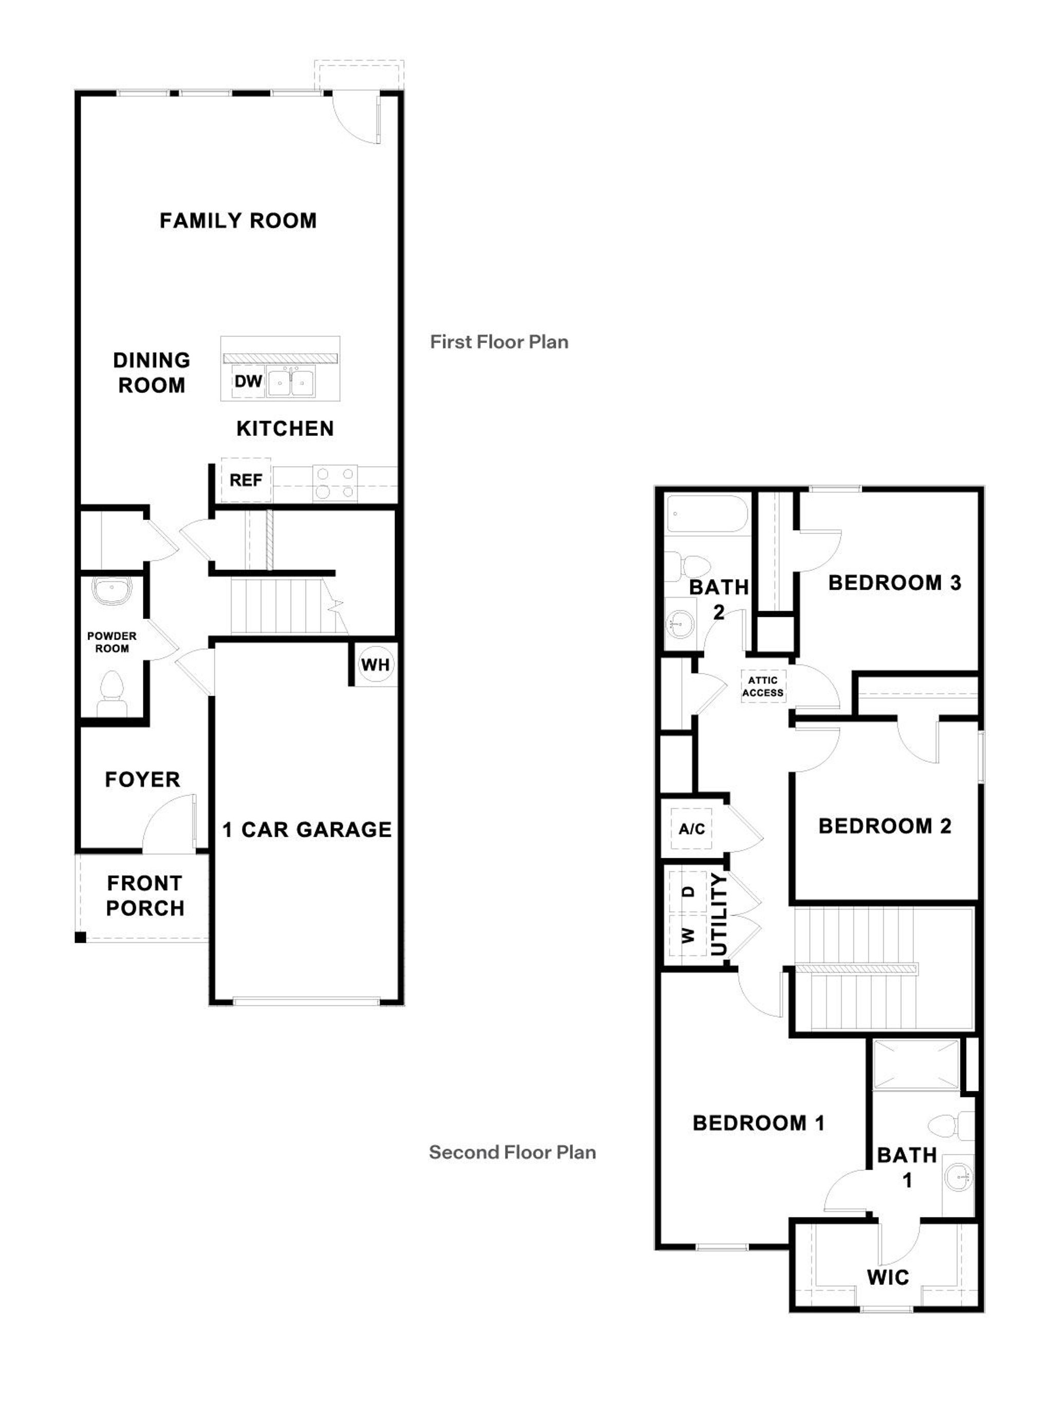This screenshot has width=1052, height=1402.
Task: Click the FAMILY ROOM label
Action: pos(238,221)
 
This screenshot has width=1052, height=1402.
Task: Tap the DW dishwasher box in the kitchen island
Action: pos(248,381)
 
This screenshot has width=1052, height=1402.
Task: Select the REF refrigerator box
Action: pos(246,481)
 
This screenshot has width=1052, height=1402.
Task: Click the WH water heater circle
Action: pos(375,665)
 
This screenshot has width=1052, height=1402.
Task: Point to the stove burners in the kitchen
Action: pos(335,483)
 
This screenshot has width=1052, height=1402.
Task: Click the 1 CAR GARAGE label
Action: pos(307,830)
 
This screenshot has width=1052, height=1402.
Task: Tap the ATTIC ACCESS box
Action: pos(762,686)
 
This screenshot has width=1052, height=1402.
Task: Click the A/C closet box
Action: pos(691,829)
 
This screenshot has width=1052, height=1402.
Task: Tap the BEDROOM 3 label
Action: pos(894,583)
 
